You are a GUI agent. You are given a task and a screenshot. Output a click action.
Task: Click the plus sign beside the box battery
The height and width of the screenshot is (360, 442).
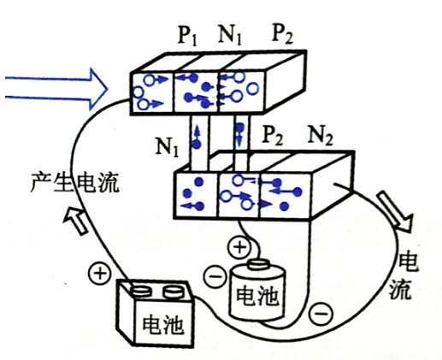point(99,274)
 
